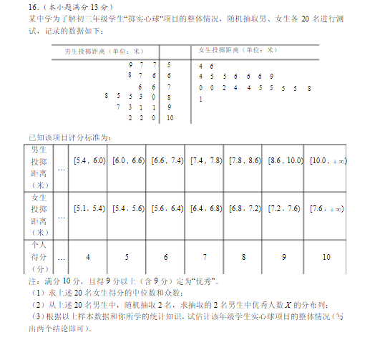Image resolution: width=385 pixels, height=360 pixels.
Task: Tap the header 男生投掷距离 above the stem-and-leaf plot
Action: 103,51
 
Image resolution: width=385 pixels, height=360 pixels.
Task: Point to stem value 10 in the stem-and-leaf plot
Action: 170,117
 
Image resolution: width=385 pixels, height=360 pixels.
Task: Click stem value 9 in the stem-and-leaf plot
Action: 169,107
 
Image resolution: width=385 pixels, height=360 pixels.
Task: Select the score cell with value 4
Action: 87,256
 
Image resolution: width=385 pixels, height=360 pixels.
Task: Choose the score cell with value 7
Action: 205,256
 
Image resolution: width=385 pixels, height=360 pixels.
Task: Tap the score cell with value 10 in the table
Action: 326,256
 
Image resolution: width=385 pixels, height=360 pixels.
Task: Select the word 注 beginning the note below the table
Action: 31,281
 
